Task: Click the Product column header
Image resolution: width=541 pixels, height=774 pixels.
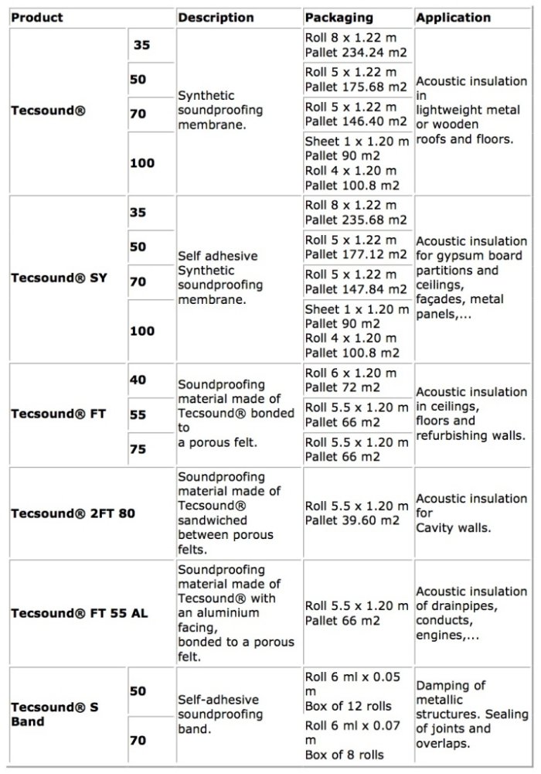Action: click(x=38, y=17)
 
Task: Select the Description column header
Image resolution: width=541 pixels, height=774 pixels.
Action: click(x=216, y=17)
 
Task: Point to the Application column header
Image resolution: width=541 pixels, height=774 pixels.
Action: click(x=453, y=17)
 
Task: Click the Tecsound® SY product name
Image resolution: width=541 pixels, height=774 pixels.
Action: click(x=59, y=278)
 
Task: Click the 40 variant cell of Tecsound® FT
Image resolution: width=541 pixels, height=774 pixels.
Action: click(x=138, y=380)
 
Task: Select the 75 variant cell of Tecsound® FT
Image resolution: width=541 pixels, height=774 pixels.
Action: click(x=138, y=448)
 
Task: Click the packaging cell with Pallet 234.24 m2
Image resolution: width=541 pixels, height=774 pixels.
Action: click(x=356, y=46)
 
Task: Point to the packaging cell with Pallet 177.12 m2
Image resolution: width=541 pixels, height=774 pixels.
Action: click(x=356, y=247)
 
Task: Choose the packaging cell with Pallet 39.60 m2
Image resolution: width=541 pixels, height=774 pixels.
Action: click(x=356, y=513)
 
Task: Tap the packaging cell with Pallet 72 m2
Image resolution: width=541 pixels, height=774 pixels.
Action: click(x=356, y=380)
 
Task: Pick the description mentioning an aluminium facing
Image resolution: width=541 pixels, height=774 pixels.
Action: click(x=236, y=613)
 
